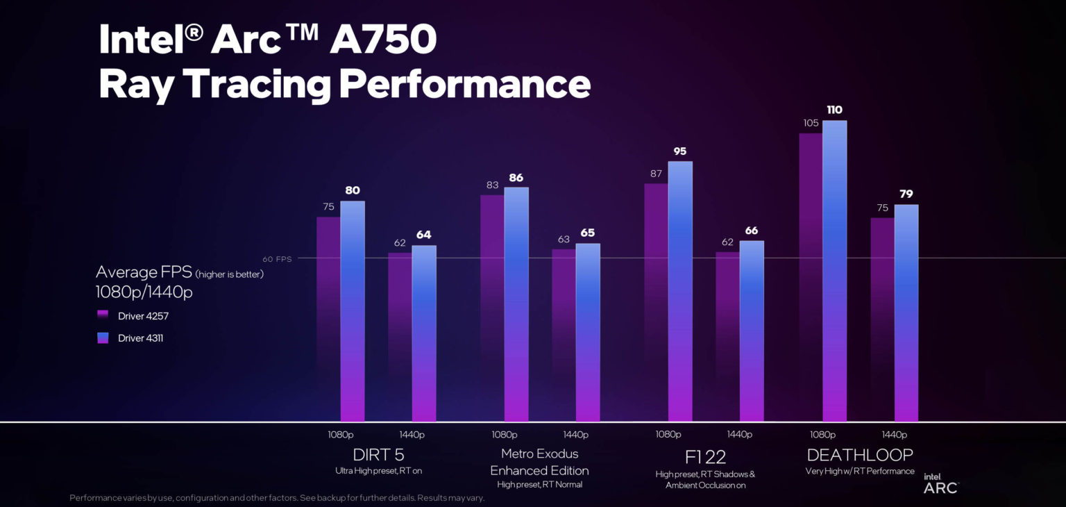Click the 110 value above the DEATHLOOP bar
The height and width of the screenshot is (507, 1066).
coord(834,110)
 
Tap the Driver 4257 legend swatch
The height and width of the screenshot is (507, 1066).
coord(103,315)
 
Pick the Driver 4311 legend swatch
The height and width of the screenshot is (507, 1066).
coord(103,338)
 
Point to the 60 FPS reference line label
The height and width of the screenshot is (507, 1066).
coord(277,258)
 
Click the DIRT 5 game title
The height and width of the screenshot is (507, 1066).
coord(378,455)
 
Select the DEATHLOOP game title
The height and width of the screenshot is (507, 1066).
coord(859,455)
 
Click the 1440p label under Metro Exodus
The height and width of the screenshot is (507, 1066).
coord(575,435)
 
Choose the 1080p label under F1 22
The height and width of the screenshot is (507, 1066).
coord(668,435)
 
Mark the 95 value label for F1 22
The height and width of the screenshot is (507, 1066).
coord(680,151)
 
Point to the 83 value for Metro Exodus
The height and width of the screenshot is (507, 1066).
coord(492,185)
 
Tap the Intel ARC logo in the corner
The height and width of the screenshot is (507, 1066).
coord(940,483)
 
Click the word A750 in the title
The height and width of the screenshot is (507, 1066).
coord(382,41)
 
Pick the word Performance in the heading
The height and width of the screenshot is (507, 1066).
coord(465,85)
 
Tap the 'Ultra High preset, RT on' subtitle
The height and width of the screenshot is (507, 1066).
coord(378,471)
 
